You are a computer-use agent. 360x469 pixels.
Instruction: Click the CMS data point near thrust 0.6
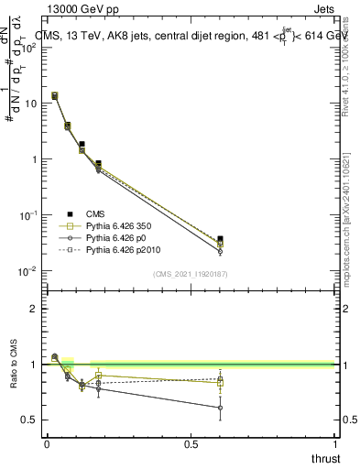tap(220, 239)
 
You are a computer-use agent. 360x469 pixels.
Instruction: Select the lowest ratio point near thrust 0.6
tap(220, 408)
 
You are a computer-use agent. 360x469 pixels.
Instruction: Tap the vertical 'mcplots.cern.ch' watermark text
tap(349, 234)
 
